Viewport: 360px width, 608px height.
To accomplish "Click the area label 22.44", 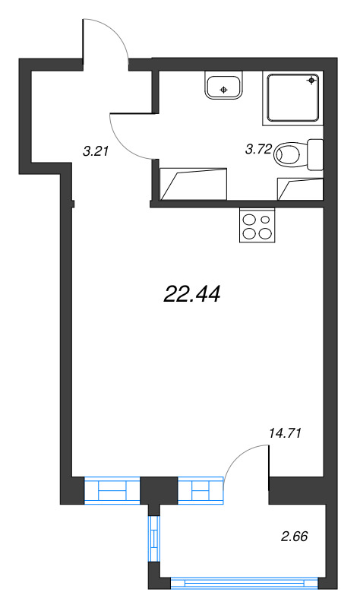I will tap(191, 294).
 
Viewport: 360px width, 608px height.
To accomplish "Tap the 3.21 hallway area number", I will tap(96, 150).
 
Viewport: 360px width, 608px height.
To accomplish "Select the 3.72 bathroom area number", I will tap(258, 150).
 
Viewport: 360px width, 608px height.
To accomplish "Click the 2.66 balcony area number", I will tap(294, 538).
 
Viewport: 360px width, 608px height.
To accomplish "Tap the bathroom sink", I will tap(223, 87).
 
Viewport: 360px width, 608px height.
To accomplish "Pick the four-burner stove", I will tap(256, 226).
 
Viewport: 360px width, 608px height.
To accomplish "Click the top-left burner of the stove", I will tap(248, 219).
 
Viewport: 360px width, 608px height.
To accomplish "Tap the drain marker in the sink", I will tap(223, 90).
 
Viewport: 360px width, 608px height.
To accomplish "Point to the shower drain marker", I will tap(312, 80).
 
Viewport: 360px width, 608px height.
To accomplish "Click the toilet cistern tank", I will tap(314, 154).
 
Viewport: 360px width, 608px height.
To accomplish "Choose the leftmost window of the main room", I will tap(112, 490).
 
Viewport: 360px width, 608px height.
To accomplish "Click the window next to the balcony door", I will tap(201, 490).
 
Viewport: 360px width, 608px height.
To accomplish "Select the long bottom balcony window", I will tap(243, 584).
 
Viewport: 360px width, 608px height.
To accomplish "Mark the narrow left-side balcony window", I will tap(154, 540).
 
